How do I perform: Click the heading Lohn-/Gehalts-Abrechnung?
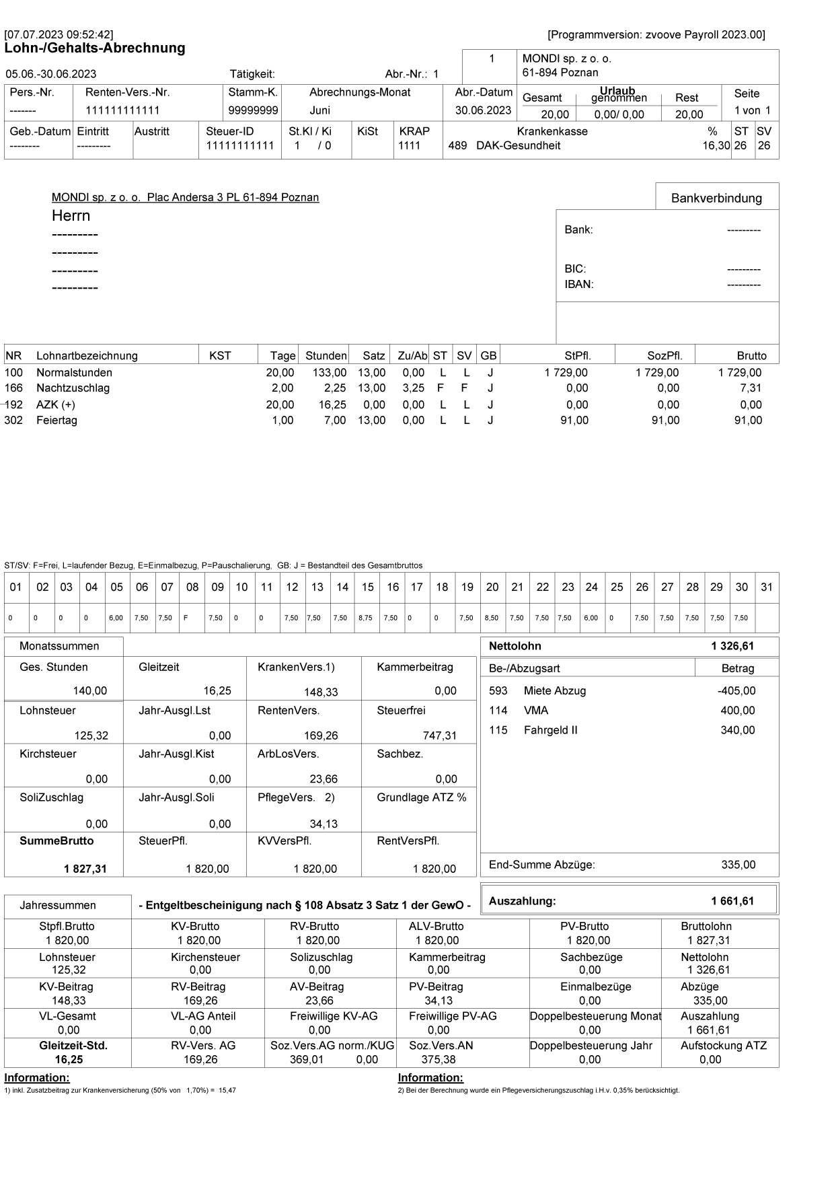pos(95,48)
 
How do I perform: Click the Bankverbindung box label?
pos(716,198)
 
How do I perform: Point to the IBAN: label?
pos(578,284)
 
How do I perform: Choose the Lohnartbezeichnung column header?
pos(87,356)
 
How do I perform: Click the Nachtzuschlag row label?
pos(73,388)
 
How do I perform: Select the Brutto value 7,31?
pos(751,388)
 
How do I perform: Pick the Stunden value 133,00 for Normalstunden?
pos(330,373)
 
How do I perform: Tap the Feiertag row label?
pos(56,421)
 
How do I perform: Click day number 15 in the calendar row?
pos(367,587)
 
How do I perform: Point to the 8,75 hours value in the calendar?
pos(365,618)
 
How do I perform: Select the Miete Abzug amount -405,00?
pos(736,691)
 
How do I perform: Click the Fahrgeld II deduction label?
pos(550,730)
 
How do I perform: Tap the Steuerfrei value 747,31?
pos(439,736)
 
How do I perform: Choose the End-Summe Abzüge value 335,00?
pos(738,865)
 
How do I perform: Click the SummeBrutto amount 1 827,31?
pos(85,869)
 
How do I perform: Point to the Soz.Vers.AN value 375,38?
pos(438,1060)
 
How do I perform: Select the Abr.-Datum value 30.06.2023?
pos(484,110)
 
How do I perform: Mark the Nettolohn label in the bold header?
pos(515,646)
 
